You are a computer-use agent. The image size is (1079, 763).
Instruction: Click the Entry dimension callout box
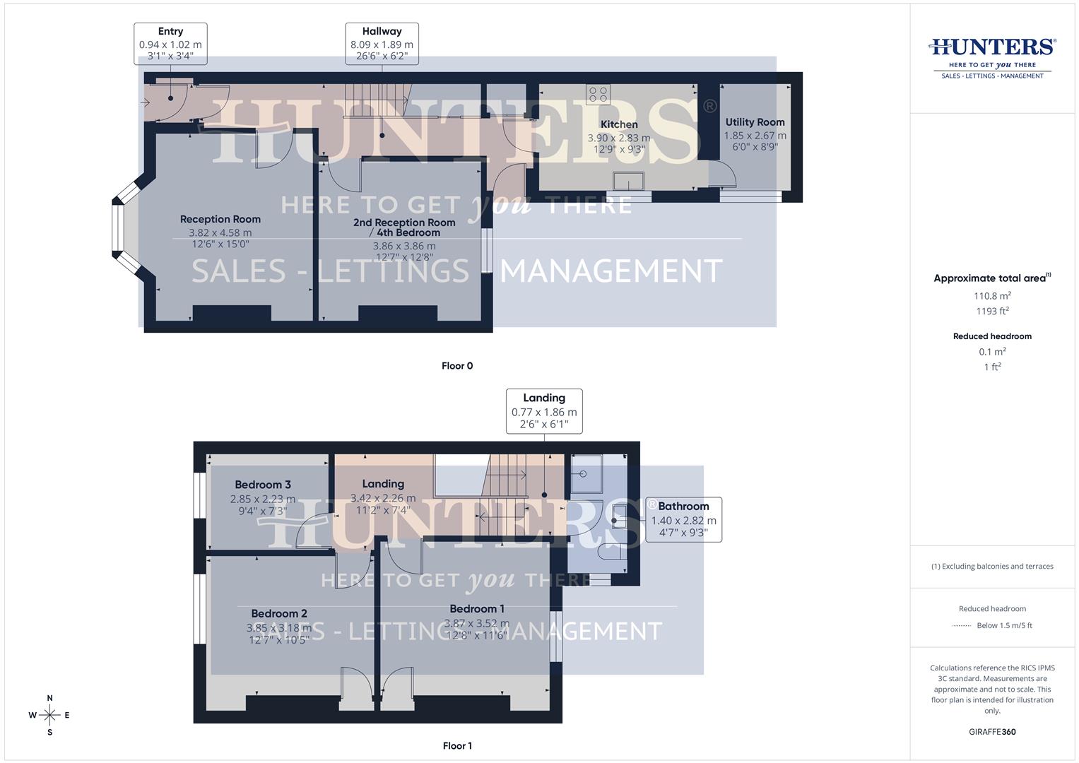pos(170,43)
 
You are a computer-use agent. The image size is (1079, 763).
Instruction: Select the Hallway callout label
pos(382,43)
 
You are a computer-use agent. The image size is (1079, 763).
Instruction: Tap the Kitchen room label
pos(619,124)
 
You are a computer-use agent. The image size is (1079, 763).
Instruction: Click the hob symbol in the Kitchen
pos(598,94)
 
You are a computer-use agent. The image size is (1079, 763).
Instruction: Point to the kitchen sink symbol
pos(629,181)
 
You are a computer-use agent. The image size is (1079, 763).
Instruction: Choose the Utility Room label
pos(755,122)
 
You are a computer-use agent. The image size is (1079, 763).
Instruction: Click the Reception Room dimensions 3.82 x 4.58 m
pos(220,232)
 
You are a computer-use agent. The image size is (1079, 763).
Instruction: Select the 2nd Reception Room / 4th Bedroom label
pos(404,227)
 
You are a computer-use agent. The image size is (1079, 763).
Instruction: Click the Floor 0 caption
pos(457,366)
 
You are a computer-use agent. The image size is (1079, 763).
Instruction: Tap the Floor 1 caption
pos(457,746)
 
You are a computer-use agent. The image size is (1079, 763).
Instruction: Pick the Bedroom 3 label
pos(263,485)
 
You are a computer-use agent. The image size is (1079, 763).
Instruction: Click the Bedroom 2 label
pos(279,613)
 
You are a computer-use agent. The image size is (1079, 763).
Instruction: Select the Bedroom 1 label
pos(477,609)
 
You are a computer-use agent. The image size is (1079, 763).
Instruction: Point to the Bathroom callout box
pos(683,519)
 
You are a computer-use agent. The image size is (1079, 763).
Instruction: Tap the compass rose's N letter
pos(49,698)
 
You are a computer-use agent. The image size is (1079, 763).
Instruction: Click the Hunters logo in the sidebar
pos(992,57)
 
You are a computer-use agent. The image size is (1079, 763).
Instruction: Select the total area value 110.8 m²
pos(992,296)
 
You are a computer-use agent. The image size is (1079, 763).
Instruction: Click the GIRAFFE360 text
pos(992,732)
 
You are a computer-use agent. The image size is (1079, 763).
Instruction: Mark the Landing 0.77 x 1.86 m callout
pos(544,410)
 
